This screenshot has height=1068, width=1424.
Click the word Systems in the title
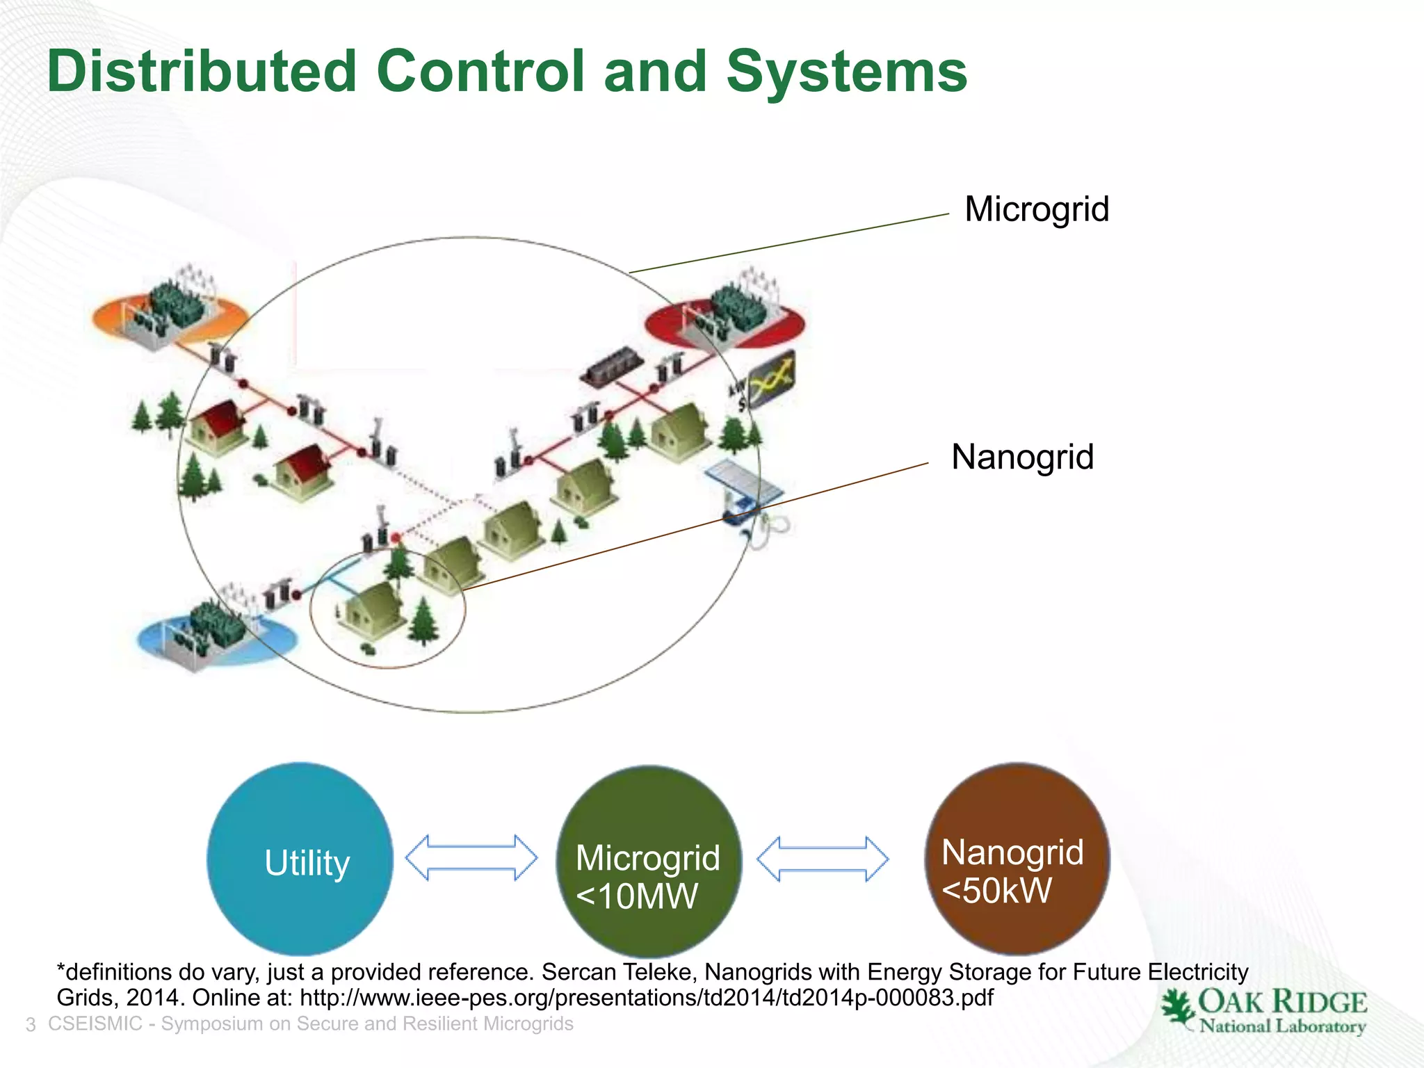(x=846, y=72)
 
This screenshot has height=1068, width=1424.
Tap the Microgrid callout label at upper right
(x=1036, y=209)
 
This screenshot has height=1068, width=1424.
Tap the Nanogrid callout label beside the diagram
(x=1022, y=457)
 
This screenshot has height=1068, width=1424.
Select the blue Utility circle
(x=300, y=860)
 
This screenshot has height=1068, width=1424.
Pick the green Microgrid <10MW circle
(x=648, y=862)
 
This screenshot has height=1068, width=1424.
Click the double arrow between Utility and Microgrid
(x=471, y=858)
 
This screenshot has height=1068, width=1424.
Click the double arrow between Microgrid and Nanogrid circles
(x=822, y=859)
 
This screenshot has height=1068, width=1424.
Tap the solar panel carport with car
(x=744, y=494)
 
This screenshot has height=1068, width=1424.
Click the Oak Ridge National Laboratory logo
(x=1263, y=1012)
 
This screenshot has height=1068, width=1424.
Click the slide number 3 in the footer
(x=31, y=1025)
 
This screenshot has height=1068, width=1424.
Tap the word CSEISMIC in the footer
(x=95, y=1024)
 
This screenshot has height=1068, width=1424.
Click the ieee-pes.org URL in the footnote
(x=646, y=998)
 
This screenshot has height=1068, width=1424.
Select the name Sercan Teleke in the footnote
(x=618, y=971)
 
